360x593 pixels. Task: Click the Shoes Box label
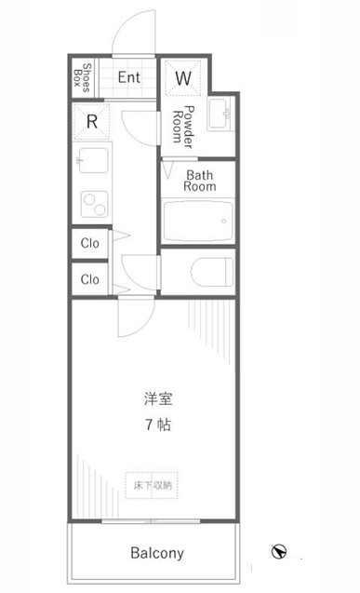pos(82,77)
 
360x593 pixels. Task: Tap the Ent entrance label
pos(129,77)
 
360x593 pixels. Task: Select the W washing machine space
pos(183,78)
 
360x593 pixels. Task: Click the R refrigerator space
pos(92,122)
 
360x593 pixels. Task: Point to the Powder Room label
pos(183,127)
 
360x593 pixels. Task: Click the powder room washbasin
pos(221,113)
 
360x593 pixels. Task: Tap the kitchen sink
pos(93,160)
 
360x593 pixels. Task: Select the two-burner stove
pos(95,204)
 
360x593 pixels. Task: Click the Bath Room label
pos(199,181)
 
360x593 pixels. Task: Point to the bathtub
pos(198,222)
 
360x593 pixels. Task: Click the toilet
pos(211,272)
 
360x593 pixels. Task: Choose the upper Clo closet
pos(90,243)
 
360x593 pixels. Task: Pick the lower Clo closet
pos(90,279)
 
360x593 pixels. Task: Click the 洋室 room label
pos(158,398)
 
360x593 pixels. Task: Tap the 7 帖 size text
pos(158,425)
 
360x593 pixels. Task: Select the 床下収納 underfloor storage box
pos(152,485)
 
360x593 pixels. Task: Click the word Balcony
pos(157,553)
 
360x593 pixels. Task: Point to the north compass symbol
pos(279,551)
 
